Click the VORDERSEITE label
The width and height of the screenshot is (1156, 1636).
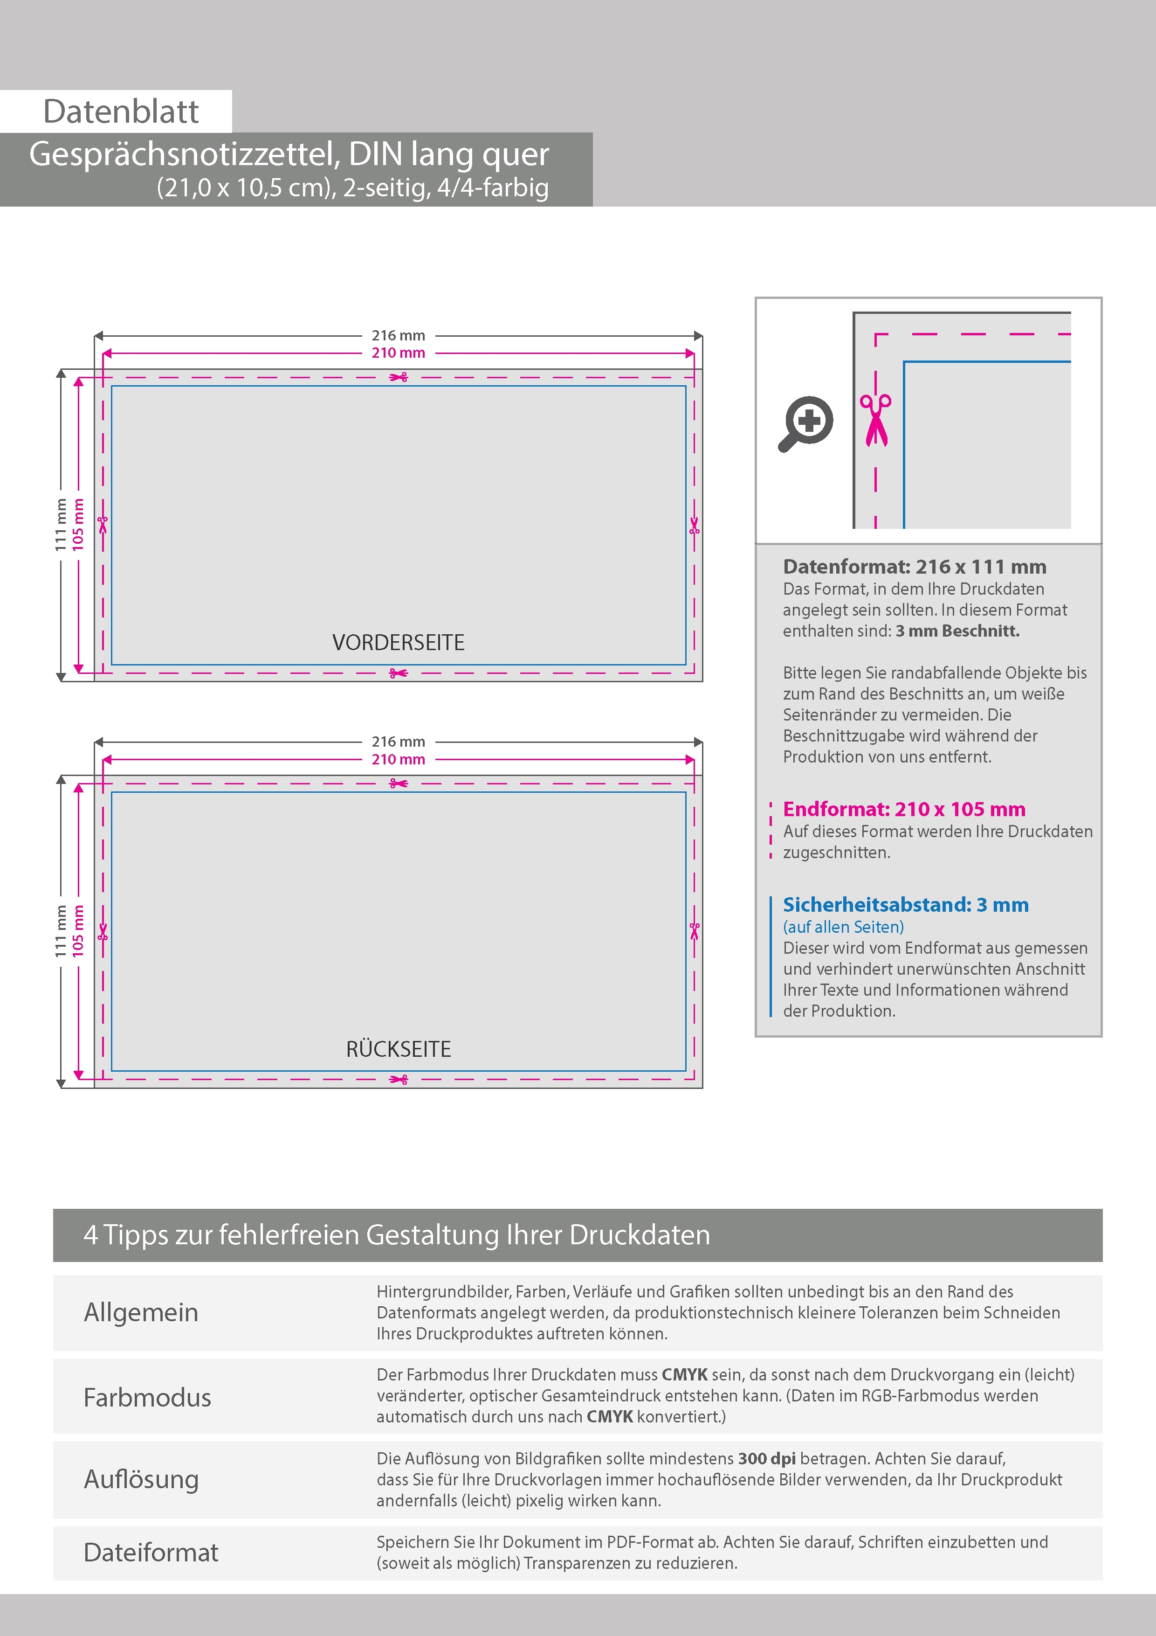point(398,643)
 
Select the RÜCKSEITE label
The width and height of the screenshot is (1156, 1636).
point(398,1049)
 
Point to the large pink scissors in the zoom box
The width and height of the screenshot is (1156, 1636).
point(875,420)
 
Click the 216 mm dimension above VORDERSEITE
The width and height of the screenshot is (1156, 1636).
point(398,335)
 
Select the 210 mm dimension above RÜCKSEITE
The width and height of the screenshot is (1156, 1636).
point(398,760)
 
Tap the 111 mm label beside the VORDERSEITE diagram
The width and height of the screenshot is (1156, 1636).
point(61,525)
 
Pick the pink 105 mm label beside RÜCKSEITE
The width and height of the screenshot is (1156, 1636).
point(78,930)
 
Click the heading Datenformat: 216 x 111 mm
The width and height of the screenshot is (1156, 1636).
point(915,567)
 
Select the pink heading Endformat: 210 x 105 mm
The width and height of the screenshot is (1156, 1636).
point(904,810)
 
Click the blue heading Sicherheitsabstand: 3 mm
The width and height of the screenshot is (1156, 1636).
point(905,905)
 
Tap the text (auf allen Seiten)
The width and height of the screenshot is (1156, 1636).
point(843,927)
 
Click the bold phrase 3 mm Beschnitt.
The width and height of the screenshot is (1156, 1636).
point(957,631)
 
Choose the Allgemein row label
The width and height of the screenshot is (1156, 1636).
point(141,1312)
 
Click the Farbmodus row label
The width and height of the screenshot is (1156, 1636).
point(147,1397)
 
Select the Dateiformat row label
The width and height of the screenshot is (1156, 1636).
point(151,1553)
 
